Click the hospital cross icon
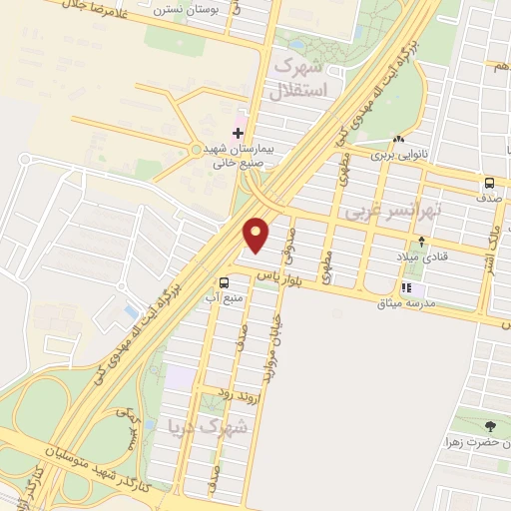237,132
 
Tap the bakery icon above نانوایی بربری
399,139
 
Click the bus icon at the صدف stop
489,184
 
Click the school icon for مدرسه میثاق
406,287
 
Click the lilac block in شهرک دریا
180,378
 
